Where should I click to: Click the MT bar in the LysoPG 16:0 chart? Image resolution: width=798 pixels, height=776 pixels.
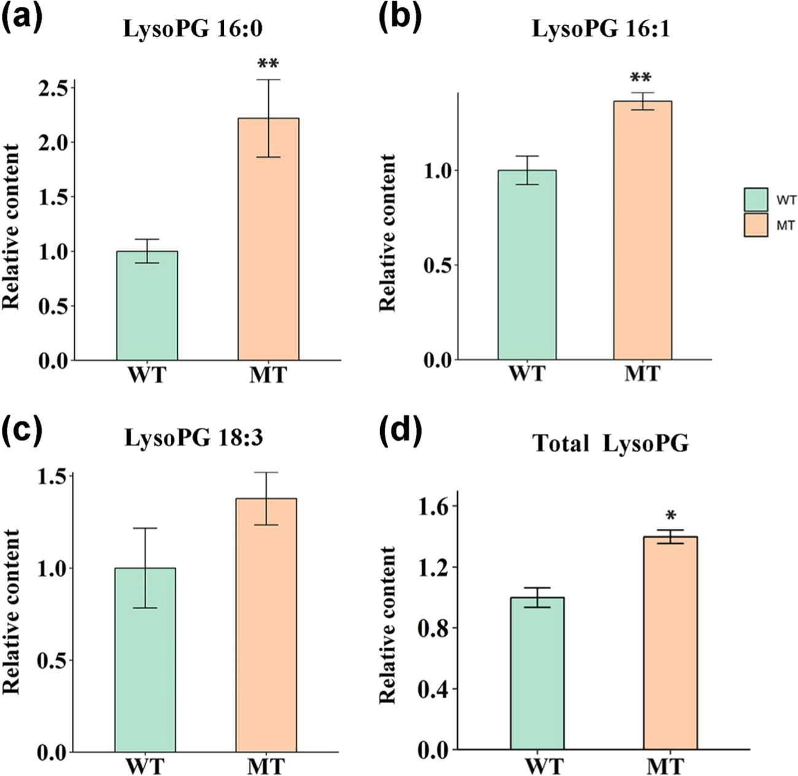(x=268, y=240)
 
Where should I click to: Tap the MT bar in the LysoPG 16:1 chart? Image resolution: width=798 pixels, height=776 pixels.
(x=643, y=230)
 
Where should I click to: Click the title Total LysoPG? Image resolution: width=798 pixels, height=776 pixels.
(x=610, y=443)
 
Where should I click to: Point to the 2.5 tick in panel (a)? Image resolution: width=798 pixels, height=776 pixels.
(x=53, y=88)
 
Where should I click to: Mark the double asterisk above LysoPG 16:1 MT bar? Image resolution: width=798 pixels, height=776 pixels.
(x=643, y=79)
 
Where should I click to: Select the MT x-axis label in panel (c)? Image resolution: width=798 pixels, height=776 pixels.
(x=266, y=766)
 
